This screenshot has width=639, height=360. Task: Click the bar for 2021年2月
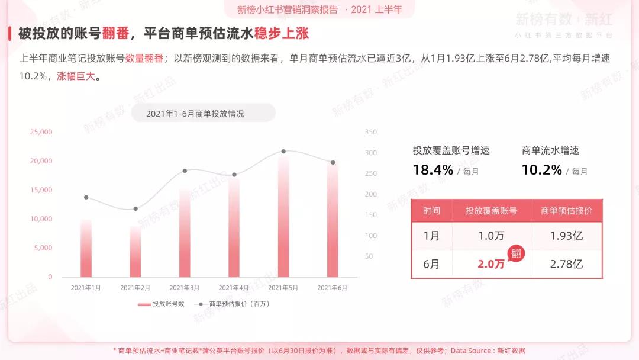pos(135,252)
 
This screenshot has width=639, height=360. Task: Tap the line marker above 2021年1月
pos(86,197)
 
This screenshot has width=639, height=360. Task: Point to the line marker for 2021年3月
pos(185,171)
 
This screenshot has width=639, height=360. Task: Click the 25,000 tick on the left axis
pos(41,132)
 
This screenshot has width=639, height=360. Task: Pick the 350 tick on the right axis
pos(371,132)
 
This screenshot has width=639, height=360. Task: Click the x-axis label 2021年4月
pos(234,288)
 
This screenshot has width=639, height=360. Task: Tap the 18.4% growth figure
pos(433,171)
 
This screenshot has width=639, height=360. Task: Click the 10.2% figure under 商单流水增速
pos(541,171)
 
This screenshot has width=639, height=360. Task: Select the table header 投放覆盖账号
pos(491,211)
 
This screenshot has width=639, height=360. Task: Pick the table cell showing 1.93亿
pos(566,236)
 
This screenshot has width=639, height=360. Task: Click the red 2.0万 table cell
pos(491,264)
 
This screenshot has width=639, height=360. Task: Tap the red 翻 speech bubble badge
pos(516,253)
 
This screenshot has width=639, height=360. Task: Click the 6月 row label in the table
pos(432,264)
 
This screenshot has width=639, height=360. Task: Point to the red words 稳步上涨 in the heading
pos(282,33)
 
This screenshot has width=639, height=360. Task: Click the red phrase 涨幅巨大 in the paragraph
pos(76,76)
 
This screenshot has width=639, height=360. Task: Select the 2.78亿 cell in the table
pos(566,264)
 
